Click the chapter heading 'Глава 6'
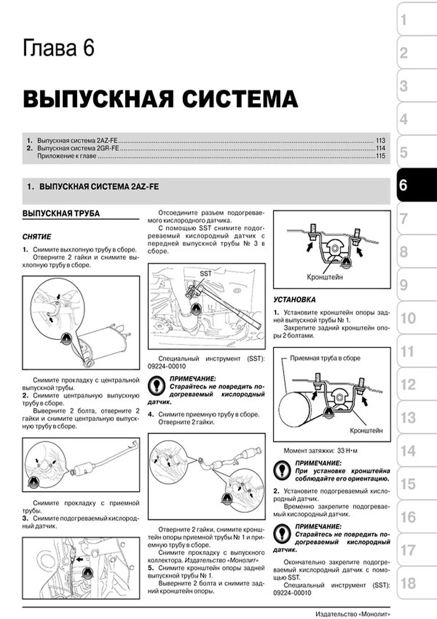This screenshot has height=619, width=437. [x=58, y=48]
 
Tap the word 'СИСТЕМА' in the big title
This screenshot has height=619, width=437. [x=240, y=99]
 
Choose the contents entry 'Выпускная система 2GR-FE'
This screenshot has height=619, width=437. [x=78, y=148]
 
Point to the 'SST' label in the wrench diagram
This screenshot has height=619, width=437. [x=205, y=274]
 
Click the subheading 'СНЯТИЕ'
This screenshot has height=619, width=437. [x=37, y=237]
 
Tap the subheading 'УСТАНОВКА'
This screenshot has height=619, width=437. [x=294, y=300]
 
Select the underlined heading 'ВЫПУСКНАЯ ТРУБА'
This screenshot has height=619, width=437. [x=61, y=213]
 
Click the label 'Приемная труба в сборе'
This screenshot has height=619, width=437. [x=325, y=358]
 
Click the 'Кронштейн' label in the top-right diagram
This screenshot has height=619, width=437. [x=324, y=277]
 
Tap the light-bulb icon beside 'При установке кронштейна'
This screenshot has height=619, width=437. [x=282, y=470]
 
